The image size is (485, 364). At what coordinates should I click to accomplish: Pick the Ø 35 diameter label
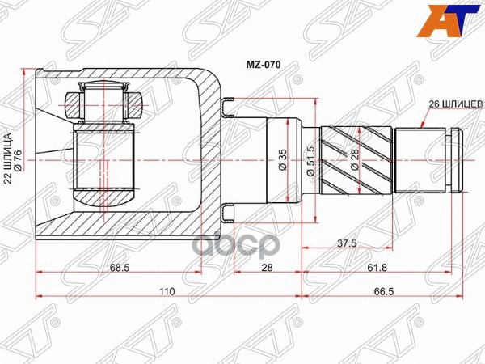tap(282, 159)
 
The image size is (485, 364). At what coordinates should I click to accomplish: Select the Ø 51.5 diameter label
tap(310, 159)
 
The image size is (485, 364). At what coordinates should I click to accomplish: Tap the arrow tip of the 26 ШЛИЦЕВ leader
tap(423, 129)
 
